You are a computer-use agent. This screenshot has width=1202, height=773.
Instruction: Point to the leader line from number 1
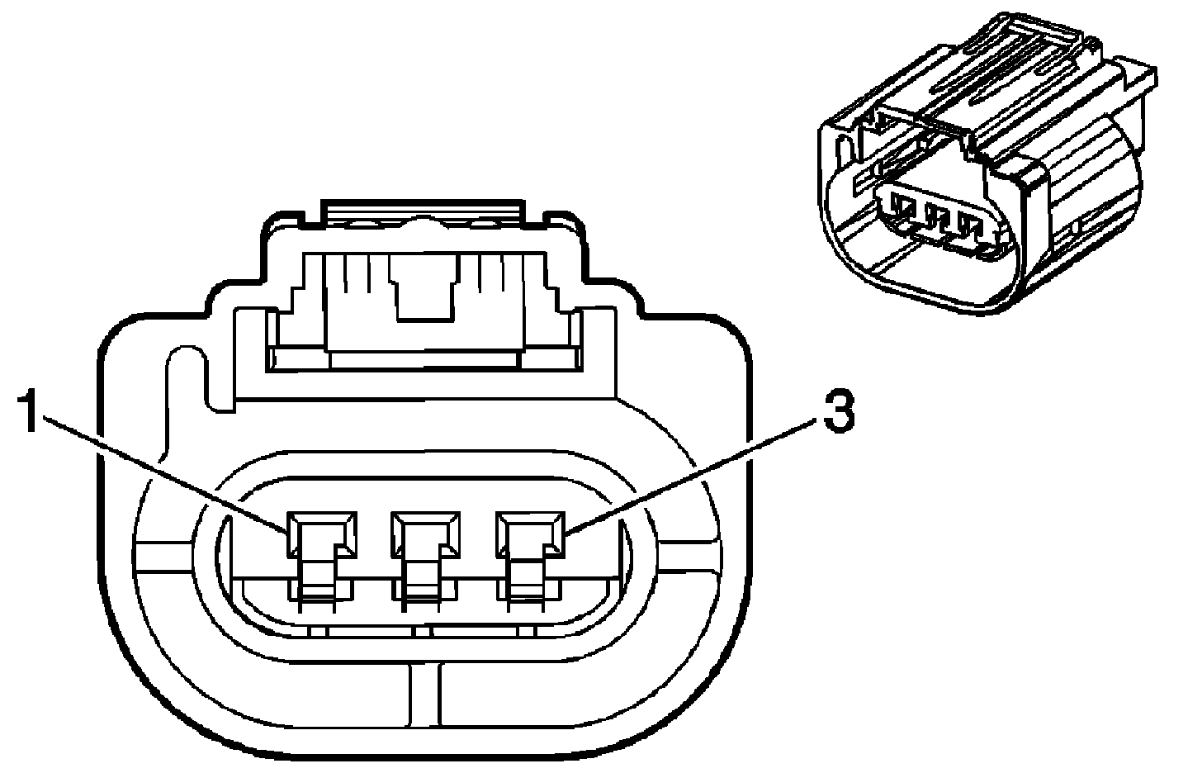(x=165, y=471)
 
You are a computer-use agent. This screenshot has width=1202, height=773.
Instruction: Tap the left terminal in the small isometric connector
(x=905, y=206)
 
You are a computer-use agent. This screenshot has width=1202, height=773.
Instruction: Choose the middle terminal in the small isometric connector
(x=936, y=216)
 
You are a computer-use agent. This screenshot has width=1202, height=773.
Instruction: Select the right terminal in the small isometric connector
(x=968, y=225)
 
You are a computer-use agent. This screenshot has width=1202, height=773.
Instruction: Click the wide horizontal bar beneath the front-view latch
(x=426, y=360)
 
